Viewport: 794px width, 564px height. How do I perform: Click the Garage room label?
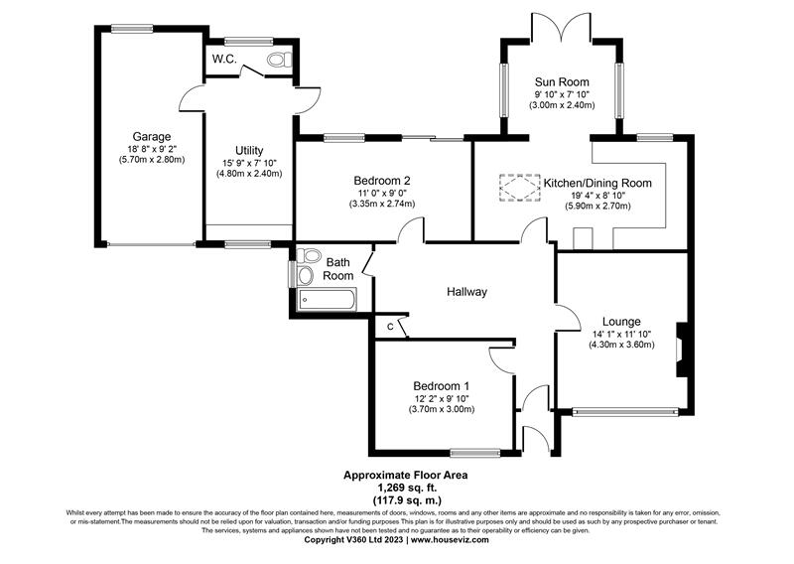(x=152, y=136)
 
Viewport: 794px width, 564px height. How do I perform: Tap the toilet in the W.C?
(x=277, y=61)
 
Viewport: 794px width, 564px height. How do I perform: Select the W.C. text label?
(x=223, y=59)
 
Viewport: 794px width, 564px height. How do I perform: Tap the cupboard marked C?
(x=390, y=327)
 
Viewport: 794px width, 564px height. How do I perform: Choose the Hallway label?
(x=466, y=292)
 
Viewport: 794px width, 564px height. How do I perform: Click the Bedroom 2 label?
(x=382, y=180)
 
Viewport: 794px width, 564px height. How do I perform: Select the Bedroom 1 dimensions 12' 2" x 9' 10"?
(x=442, y=397)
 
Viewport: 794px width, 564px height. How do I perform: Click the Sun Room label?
(x=561, y=81)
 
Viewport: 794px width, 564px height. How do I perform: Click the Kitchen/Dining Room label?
(x=597, y=183)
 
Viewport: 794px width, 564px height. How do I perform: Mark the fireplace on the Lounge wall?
(x=680, y=350)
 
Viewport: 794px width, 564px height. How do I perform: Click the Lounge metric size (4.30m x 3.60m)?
(x=620, y=345)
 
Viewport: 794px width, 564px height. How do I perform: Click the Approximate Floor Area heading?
(x=398, y=475)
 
